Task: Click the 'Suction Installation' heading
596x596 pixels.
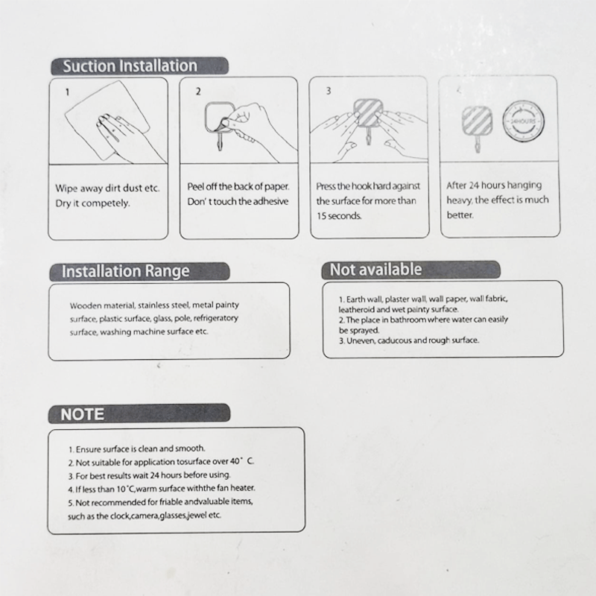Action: point(130,66)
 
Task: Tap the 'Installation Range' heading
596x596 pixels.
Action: point(125,271)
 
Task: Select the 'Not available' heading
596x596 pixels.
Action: point(376,270)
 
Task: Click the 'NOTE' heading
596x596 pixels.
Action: point(82,414)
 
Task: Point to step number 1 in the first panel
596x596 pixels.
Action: point(68,92)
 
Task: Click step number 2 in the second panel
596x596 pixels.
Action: point(198,91)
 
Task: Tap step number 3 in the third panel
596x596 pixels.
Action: point(329,91)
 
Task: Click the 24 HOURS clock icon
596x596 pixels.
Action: point(524,121)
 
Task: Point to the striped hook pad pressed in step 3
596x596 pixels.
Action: point(367,113)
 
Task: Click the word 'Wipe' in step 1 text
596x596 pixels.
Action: point(66,188)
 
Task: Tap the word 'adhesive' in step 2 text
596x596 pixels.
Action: point(270,201)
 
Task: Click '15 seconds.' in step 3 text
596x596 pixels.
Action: point(339,216)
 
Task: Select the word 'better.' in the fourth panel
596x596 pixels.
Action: point(460,215)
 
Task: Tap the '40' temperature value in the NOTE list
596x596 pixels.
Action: point(235,461)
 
